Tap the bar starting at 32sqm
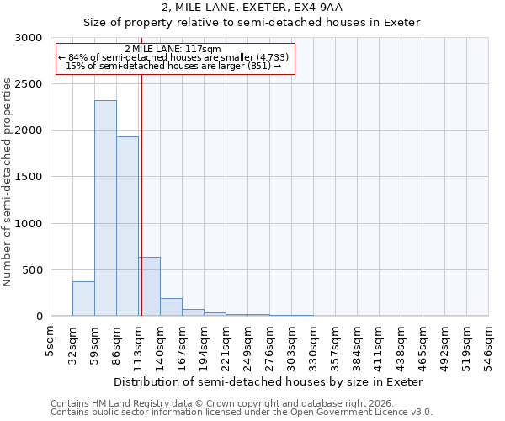click(x=83, y=299)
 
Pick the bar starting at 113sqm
click(x=150, y=286)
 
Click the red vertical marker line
click(x=141, y=194)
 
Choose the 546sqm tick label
click(x=489, y=344)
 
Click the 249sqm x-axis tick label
click(x=248, y=344)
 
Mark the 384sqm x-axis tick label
click(x=358, y=344)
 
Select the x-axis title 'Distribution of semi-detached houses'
click(x=268, y=381)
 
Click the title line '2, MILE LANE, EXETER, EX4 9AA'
click(x=252, y=8)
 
